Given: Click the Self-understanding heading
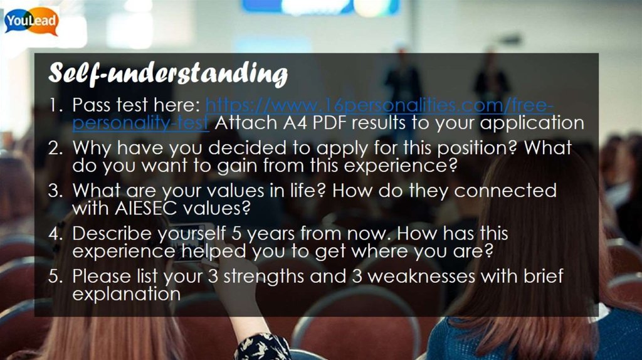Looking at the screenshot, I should (168, 74).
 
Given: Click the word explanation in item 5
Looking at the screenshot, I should (125, 293).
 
